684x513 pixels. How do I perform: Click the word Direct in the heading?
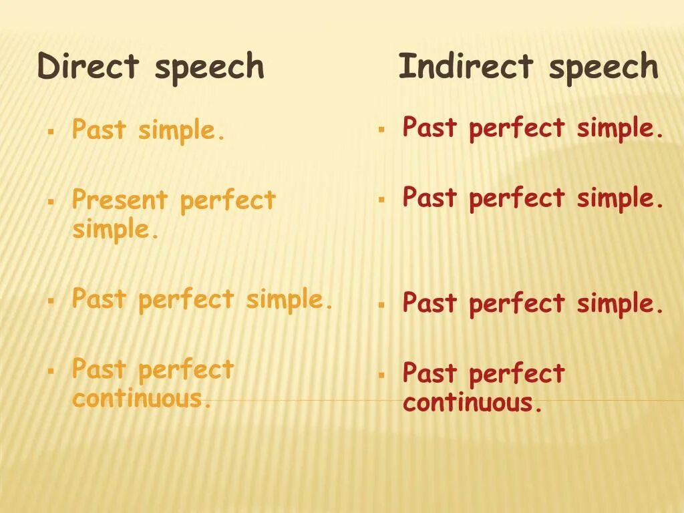pos(88,67)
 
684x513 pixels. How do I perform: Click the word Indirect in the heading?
pos(466,67)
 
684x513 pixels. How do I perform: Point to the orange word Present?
pos(120,200)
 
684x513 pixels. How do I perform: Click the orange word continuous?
pos(142,399)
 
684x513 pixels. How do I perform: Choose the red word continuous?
pos(472,403)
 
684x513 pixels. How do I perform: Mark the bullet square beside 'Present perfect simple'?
pos(50,200)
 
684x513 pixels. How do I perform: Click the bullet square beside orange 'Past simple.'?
pos(50,130)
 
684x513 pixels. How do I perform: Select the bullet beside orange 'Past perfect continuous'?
pos(50,370)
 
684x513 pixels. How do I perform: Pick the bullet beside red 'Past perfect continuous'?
pos(381,374)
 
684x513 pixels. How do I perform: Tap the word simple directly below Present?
pos(116,230)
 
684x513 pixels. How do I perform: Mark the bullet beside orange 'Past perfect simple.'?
pos(50,301)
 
